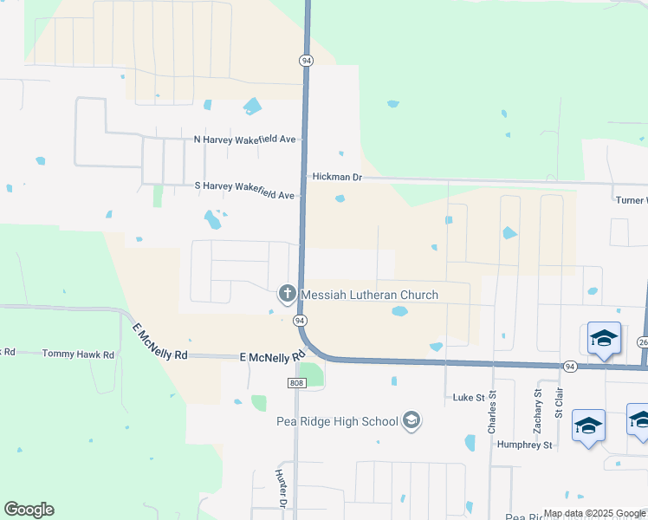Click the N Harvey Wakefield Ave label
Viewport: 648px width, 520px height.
245,140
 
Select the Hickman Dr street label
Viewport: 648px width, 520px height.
337,177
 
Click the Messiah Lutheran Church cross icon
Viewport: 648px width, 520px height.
287,295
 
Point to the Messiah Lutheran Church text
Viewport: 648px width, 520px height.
369,296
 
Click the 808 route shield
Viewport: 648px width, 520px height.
297,382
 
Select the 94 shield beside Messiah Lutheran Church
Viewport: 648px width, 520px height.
300,321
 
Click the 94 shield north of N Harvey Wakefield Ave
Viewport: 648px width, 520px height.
307,61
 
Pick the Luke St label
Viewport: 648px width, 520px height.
469,397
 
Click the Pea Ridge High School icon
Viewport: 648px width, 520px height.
411,421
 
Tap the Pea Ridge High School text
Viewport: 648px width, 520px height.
337,422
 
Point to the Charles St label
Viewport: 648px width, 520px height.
491,413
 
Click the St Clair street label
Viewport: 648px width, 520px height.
559,406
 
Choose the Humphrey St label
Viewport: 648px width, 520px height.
524,445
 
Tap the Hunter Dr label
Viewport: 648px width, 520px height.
281,488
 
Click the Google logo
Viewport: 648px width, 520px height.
29,510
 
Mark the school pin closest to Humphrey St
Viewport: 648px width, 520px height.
588,426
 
